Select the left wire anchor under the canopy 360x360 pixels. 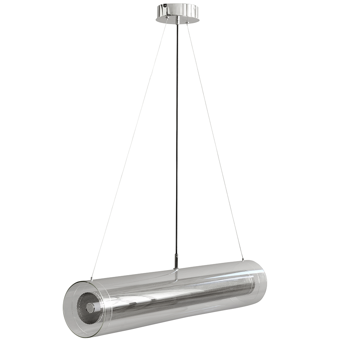click(x=167, y=22)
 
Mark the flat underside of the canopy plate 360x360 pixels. click(x=177, y=19)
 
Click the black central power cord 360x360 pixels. click(x=177, y=144)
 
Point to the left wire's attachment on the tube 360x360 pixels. click(x=91, y=279)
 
